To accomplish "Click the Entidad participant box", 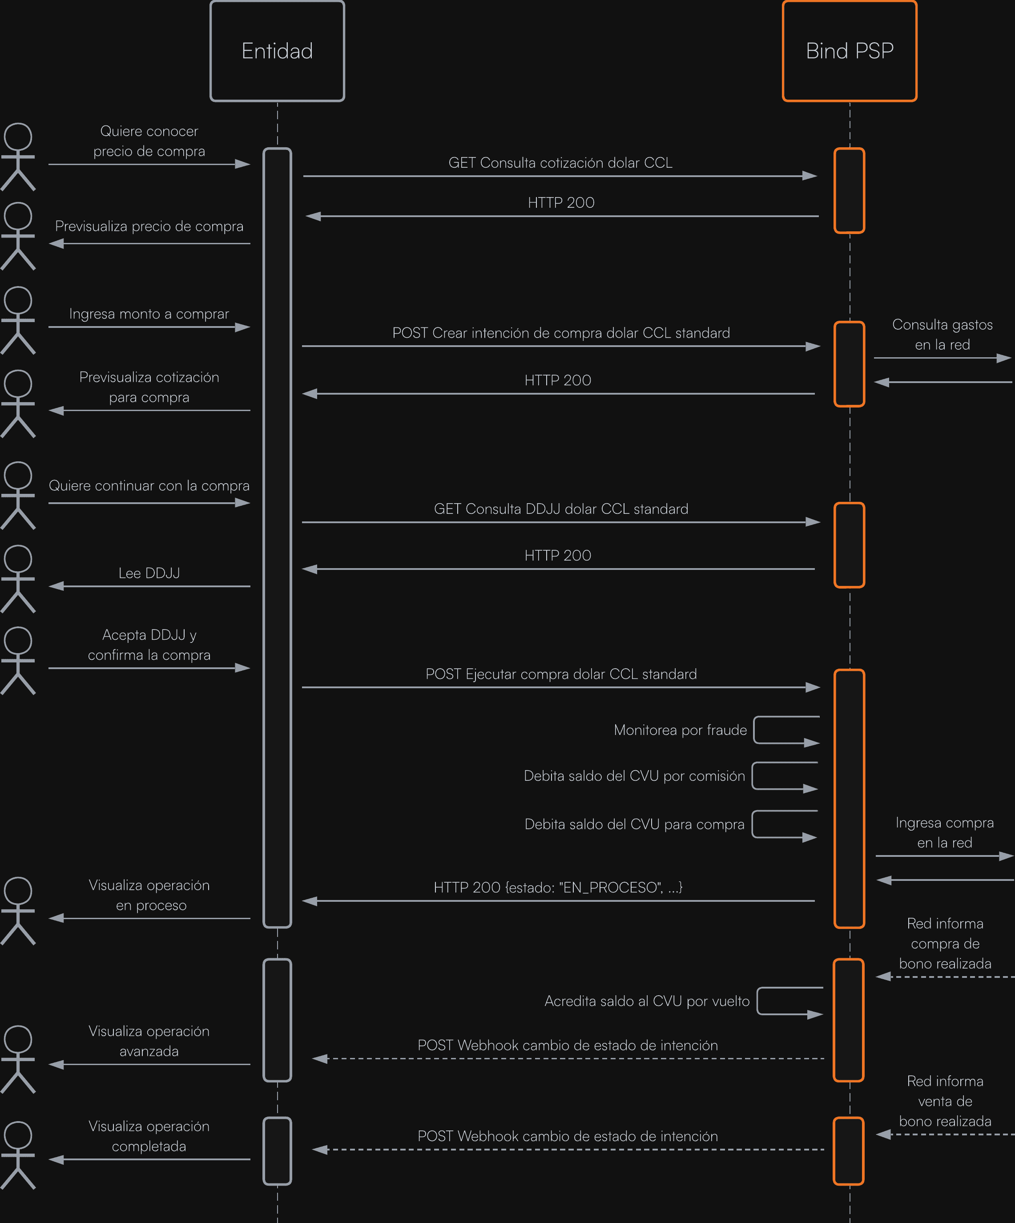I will pyautogui.click(x=277, y=51).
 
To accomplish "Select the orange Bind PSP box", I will pyautogui.click(x=849, y=51).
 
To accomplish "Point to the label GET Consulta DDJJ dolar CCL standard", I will pyautogui.click(x=561, y=509).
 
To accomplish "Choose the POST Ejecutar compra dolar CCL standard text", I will pyautogui.click(x=561, y=674).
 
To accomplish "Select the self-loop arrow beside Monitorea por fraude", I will pyautogui.click(x=785, y=731).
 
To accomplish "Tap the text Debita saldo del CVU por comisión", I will pyautogui.click(x=634, y=776).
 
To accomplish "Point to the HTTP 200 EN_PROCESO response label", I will pyautogui.click(x=557, y=887).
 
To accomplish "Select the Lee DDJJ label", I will pyautogui.click(x=149, y=573).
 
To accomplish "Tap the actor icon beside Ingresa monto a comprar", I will pyautogui.click(x=18, y=320).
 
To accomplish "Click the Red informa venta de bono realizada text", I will pyautogui.click(x=945, y=1101).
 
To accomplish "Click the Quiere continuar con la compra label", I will pyautogui.click(x=149, y=486).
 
